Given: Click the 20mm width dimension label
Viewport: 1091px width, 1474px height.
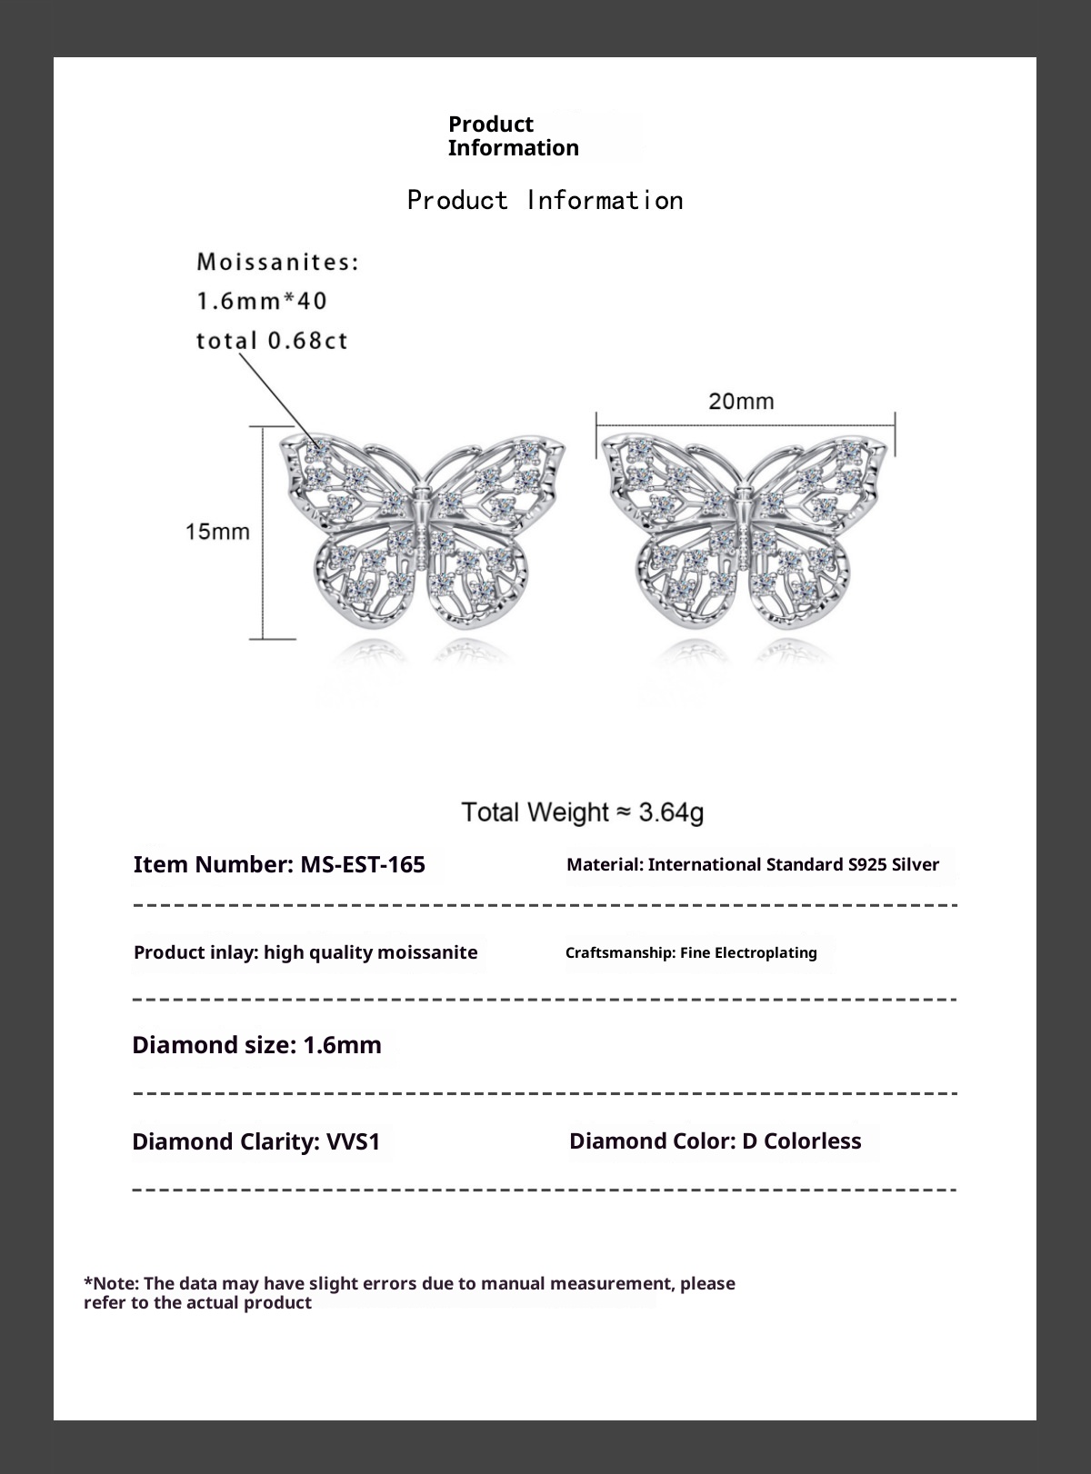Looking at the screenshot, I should tap(741, 401).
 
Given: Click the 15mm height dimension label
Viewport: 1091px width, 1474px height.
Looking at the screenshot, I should tap(217, 532).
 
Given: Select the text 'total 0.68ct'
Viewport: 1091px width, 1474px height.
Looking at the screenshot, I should tap(272, 341).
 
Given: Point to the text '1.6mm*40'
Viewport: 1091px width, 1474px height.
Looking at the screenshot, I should tap(262, 301).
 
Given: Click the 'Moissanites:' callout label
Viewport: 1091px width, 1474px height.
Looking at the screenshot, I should tap(278, 263).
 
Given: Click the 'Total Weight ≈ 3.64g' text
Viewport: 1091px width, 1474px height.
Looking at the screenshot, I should tap(582, 812).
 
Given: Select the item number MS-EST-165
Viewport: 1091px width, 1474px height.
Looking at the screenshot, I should tap(362, 864).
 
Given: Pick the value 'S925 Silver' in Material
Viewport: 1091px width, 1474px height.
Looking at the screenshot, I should tap(893, 864).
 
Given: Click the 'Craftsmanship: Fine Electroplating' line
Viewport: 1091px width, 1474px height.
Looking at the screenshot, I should tap(691, 952).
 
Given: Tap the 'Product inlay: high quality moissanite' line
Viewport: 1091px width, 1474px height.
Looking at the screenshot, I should tap(305, 952).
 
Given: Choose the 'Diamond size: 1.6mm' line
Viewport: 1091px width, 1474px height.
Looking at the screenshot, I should tap(256, 1045).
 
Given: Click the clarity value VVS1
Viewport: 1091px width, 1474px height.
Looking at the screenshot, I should tap(353, 1141).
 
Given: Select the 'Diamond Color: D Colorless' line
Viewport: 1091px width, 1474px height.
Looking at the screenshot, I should tap(715, 1140).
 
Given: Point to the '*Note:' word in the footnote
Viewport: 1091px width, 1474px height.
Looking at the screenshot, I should tap(111, 1283).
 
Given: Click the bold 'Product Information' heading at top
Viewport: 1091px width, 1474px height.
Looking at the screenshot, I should tap(513, 135).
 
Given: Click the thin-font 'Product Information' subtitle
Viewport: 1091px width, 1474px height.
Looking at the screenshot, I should tap(545, 200).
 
